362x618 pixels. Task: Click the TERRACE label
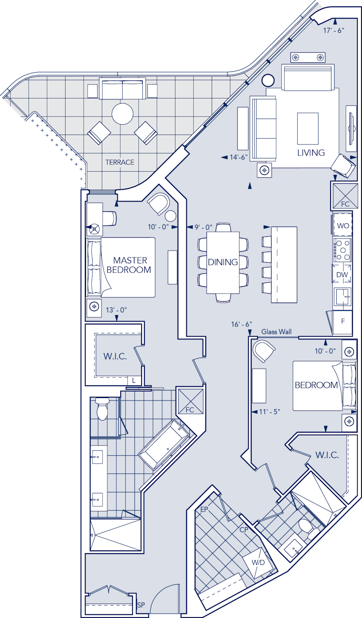pyautogui.click(x=119, y=162)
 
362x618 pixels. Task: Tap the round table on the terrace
pyautogui.click(x=122, y=114)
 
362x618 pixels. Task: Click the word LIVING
pyautogui.click(x=311, y=153)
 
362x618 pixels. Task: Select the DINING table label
pyautogui.click(x=223, y=262)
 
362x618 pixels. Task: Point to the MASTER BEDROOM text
pyautogui.click(x=129, y=265)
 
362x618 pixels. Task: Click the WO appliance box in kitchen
pyautogui.click(x=343, y=226)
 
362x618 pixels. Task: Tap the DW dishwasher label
pyautogui.click(x=342, y=275)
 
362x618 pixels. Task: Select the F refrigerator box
pyautogui.click(x=343, y=321)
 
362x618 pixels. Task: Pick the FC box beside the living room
pyautogui.click(x=345, y=196)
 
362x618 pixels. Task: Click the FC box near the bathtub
pyautogui.click(x=190, y=401)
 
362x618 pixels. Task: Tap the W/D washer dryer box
pyautogui.click(x=258, y=563)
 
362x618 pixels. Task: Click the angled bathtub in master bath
pyautogui.click(x=164, y=444)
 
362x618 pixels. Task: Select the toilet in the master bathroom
pyautogui.click(x=103, y=409)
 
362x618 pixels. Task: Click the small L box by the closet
pyautogui.click(x=134, y=380)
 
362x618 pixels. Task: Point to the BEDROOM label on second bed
pyautogui.click(x=316, y=385)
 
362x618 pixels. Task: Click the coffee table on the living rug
pyautogui.click(x=308, y=128)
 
